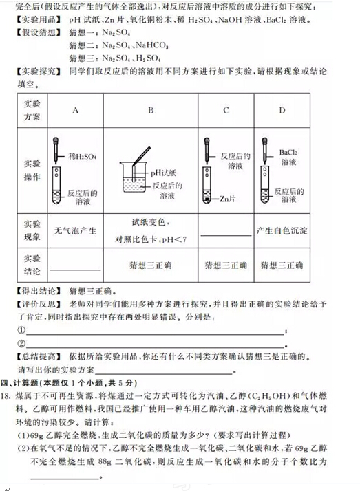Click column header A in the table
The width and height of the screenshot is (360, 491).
click(x=75, y=110)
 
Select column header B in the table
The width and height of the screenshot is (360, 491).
click(x=150, y=110)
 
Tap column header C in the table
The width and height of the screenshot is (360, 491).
click(x=226, y=110)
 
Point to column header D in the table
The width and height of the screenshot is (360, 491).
click(x=282, y=110)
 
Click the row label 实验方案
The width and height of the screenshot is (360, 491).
click(x=32, y=110)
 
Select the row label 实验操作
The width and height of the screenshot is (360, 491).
click(x=32, y=171)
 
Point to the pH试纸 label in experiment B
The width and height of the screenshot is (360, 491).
click(x=163, y=173)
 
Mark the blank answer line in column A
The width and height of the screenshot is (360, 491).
click(x=74, y=269)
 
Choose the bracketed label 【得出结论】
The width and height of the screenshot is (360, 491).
click(x=39, y=290)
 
